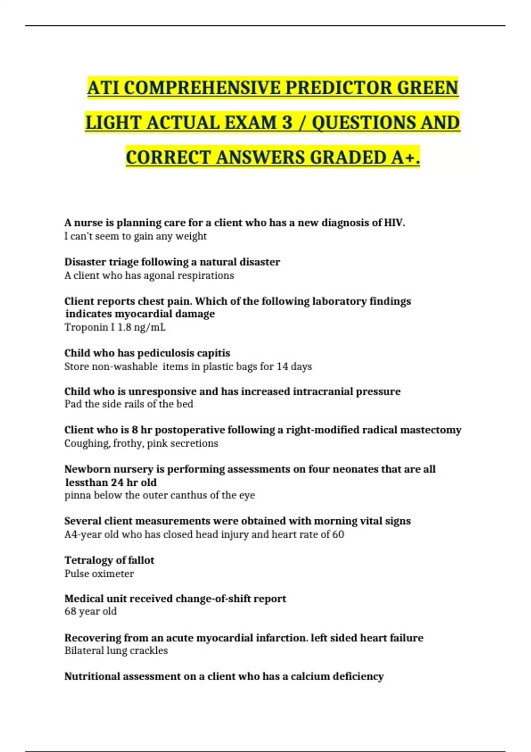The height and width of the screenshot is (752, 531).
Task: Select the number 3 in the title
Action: click(287, 123)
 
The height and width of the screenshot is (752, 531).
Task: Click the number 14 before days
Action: click(282, 366)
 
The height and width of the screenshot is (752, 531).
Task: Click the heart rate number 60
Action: click(338, 534)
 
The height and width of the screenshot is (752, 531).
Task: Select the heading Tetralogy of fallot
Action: click(109, 560)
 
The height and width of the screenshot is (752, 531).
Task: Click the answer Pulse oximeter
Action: click(99, 574)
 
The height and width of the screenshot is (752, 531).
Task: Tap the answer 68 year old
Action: click(91, 611)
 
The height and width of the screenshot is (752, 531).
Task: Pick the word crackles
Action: click(149, 651)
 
